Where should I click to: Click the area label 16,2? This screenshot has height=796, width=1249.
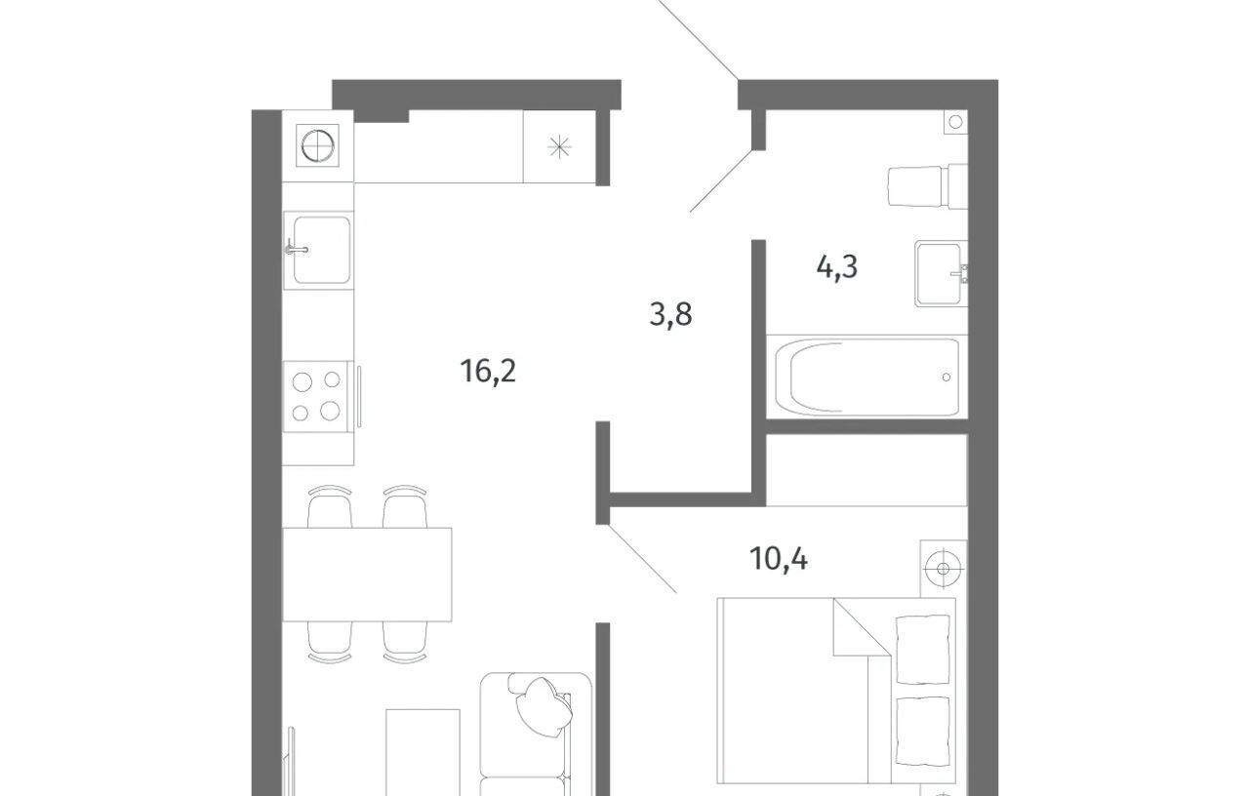488,372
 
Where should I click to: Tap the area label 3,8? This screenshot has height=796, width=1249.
670,314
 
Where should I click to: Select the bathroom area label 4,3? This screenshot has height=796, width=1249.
837,267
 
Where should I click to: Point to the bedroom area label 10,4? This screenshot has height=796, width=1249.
779,559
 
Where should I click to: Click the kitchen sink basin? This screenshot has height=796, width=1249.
322,251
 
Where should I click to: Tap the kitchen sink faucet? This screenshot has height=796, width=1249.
296,248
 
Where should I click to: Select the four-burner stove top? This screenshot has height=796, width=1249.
316,396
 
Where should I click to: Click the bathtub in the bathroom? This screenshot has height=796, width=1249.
866,378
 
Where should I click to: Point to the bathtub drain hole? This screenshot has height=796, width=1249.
947,378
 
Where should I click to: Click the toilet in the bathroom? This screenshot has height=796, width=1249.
927,186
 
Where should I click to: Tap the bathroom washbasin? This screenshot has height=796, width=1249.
941,274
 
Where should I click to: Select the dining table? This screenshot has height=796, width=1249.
367,575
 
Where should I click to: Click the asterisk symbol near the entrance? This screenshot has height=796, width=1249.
559,147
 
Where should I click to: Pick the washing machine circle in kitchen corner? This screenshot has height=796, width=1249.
318,146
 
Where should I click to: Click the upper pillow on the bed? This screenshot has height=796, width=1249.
922,650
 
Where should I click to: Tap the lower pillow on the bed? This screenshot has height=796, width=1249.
922,731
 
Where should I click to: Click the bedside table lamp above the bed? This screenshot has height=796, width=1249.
943,568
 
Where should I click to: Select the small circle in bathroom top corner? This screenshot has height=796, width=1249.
955,122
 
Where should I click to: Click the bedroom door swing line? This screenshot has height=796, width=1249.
643,559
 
